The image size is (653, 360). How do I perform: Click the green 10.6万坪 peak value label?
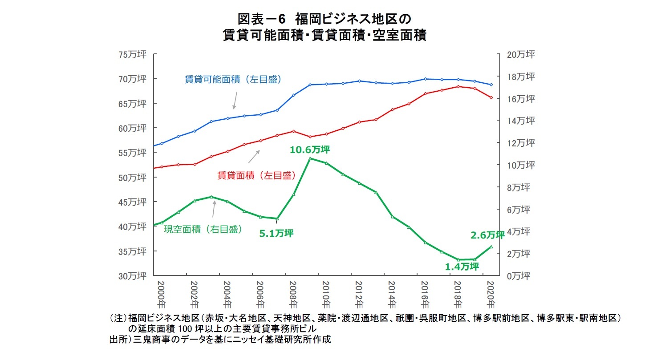pyautogui.click(x=310, y=150)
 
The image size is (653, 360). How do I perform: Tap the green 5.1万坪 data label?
pyautogui.click(x=276, y=233)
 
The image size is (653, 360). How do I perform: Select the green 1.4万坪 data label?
pyautogui.click(x=462, y=267)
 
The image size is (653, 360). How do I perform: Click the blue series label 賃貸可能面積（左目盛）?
pyautogui.click(x=233, y=80)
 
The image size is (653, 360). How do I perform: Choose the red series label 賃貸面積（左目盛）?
pyautogui.click(x=256, y=175)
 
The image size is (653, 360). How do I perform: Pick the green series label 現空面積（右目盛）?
pyautogui.click(x=203, y=230)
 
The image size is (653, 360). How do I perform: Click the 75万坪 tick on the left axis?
pyautogui.click(x=132, y=55)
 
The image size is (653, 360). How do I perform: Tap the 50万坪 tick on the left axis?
pyautogui.click(x=132, y=178)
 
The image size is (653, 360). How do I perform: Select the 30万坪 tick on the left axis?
pyautogui.click(x=132, y=276)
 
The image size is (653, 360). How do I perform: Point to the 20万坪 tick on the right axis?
pyautogui.click(x=521, y=55)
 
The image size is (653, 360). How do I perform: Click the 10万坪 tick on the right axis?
pyautogui.click(x=521, y=165)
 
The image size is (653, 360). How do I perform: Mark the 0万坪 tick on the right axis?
pyautogui.click(x=519, y=276)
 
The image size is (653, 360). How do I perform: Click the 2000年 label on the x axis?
pyautogui.click(x=161, y=295)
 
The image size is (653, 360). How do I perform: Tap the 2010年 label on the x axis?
pyautogui.click(x=326, y=295)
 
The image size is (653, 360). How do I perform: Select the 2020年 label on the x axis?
pyautogui.click(x=491, y=295)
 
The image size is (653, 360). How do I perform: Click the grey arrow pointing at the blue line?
pyautogui.click(x=235, y=100)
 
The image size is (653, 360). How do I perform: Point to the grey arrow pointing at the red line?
pyautogui.click(x=254, y=156)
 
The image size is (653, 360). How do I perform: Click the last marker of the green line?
pyautogui.click(x=491, y=247)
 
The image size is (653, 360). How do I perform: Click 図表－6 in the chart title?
pyautogui.click(x=260, y=20)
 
